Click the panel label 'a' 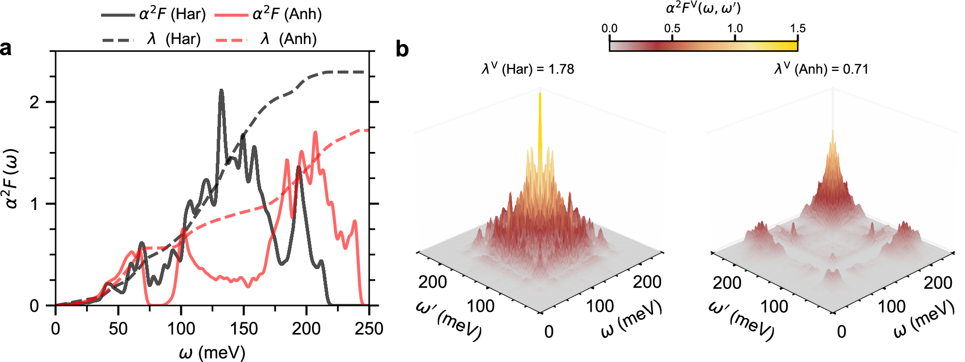(6, 49)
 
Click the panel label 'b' (402, 49)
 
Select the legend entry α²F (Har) (154, 14)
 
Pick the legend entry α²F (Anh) (268, 14)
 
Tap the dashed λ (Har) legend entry (151, 39)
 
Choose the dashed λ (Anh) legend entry (266, 39)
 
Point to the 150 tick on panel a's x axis (243, 329)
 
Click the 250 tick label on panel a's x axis (369, 329)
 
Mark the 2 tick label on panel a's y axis (34, 102)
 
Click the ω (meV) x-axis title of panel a (212, 352)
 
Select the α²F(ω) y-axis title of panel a (12, 178)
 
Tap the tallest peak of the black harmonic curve (222, 90)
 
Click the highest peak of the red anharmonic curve (315, 132)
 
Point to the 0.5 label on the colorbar (672, 28)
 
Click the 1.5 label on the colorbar (798, 28)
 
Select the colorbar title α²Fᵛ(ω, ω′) (703, 8)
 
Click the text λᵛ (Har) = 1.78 (528, 69)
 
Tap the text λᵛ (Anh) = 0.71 (821, 69)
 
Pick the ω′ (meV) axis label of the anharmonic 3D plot (741, 320)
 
